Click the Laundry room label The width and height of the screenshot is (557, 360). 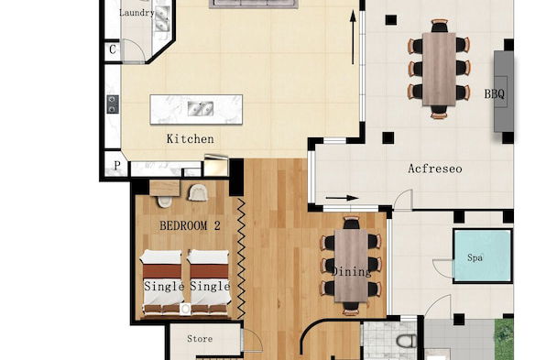pyautogui.click(x=137, y=13)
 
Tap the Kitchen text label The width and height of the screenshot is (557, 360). pyautogui.click(x=190, y=139)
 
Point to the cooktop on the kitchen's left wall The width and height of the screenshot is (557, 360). pyautogui.click(x=112, y=104)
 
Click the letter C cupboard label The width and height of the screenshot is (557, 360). pyautogui.click(x=112, y=49)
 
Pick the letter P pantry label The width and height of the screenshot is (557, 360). pyautogui.click(x=115, y=166)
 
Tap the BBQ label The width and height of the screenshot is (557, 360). pyautogui.click(x=493, y=93)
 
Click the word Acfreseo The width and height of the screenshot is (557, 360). pyautogui.click(x=434, y=169)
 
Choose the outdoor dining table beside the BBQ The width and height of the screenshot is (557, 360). pyautogui.click(x=439, y=68)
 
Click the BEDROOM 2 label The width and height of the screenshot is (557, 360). pyautogui.click(x=191, y=224)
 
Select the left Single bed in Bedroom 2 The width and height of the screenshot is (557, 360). pyautogui.click(x=161, y=282)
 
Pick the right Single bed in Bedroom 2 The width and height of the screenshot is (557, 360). pyautogui.click(x=208, y=282)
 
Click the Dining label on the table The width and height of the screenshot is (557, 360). pyautogui.click(x=351, y=272)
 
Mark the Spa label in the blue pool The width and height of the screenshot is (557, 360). pyautogui.click(x=475, y=258)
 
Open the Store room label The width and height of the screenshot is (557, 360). pyautogui.click(x=200, y=339)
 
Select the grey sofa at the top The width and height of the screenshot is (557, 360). pyautogui.click(x=254, y=4)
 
